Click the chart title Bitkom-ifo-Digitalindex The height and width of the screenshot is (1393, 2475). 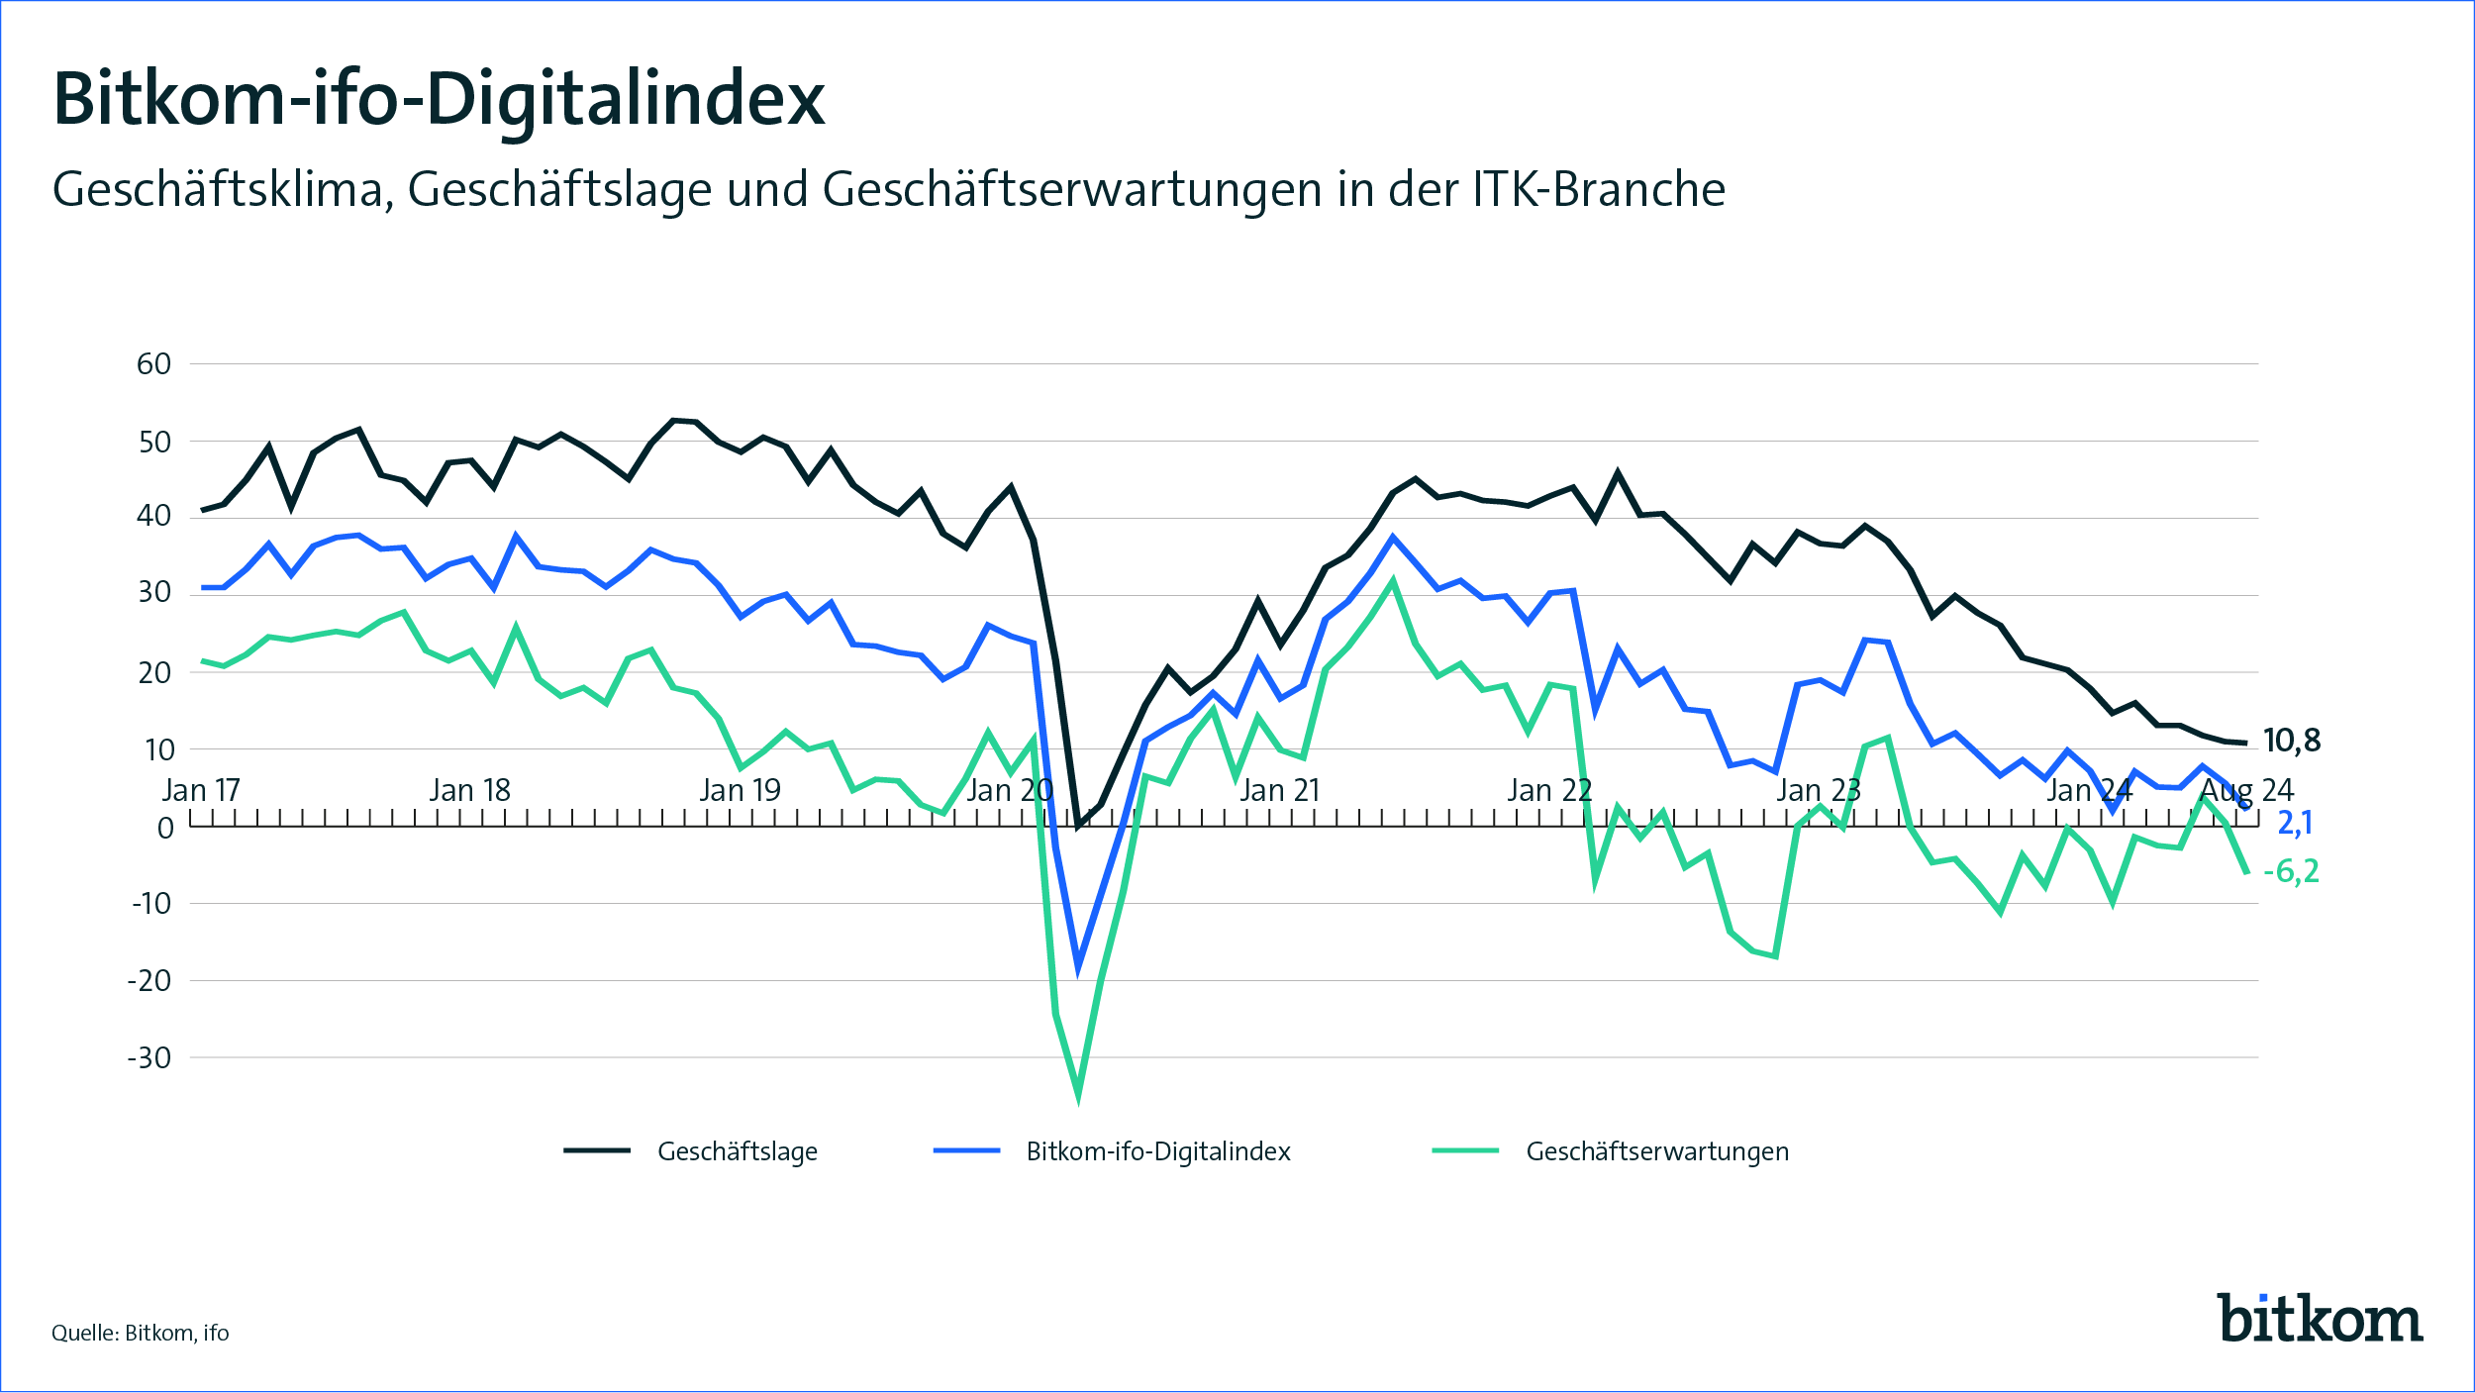coord(439,99)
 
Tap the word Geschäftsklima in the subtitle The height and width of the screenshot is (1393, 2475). coord(217,189)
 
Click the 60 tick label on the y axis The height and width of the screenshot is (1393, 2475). coord(154,364)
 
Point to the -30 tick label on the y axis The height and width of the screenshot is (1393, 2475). coord(149,1057)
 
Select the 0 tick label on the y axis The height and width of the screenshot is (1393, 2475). coord(165,828)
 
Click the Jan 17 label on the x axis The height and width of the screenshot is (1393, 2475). coord(201,790)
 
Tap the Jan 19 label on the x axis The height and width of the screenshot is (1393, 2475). coord(740,790)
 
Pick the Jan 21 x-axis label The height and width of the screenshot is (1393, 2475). coord(1279,790)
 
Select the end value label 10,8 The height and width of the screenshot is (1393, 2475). coord(2291,741)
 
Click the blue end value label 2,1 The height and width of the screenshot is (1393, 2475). coord(2294,822)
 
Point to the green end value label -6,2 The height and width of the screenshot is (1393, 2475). coord(2290,871)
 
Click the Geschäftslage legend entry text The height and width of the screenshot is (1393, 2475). coord(738,1151)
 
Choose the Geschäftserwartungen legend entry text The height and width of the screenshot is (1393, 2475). coord(1657,1151)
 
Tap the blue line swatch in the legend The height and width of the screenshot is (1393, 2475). coord(966,1150)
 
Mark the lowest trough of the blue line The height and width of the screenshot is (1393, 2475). coord(1078,968)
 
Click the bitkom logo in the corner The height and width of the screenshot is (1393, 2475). coord(2319,1318)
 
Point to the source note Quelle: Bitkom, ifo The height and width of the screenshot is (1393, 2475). coord(141,1333)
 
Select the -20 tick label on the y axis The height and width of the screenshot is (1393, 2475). coord(149,980)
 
